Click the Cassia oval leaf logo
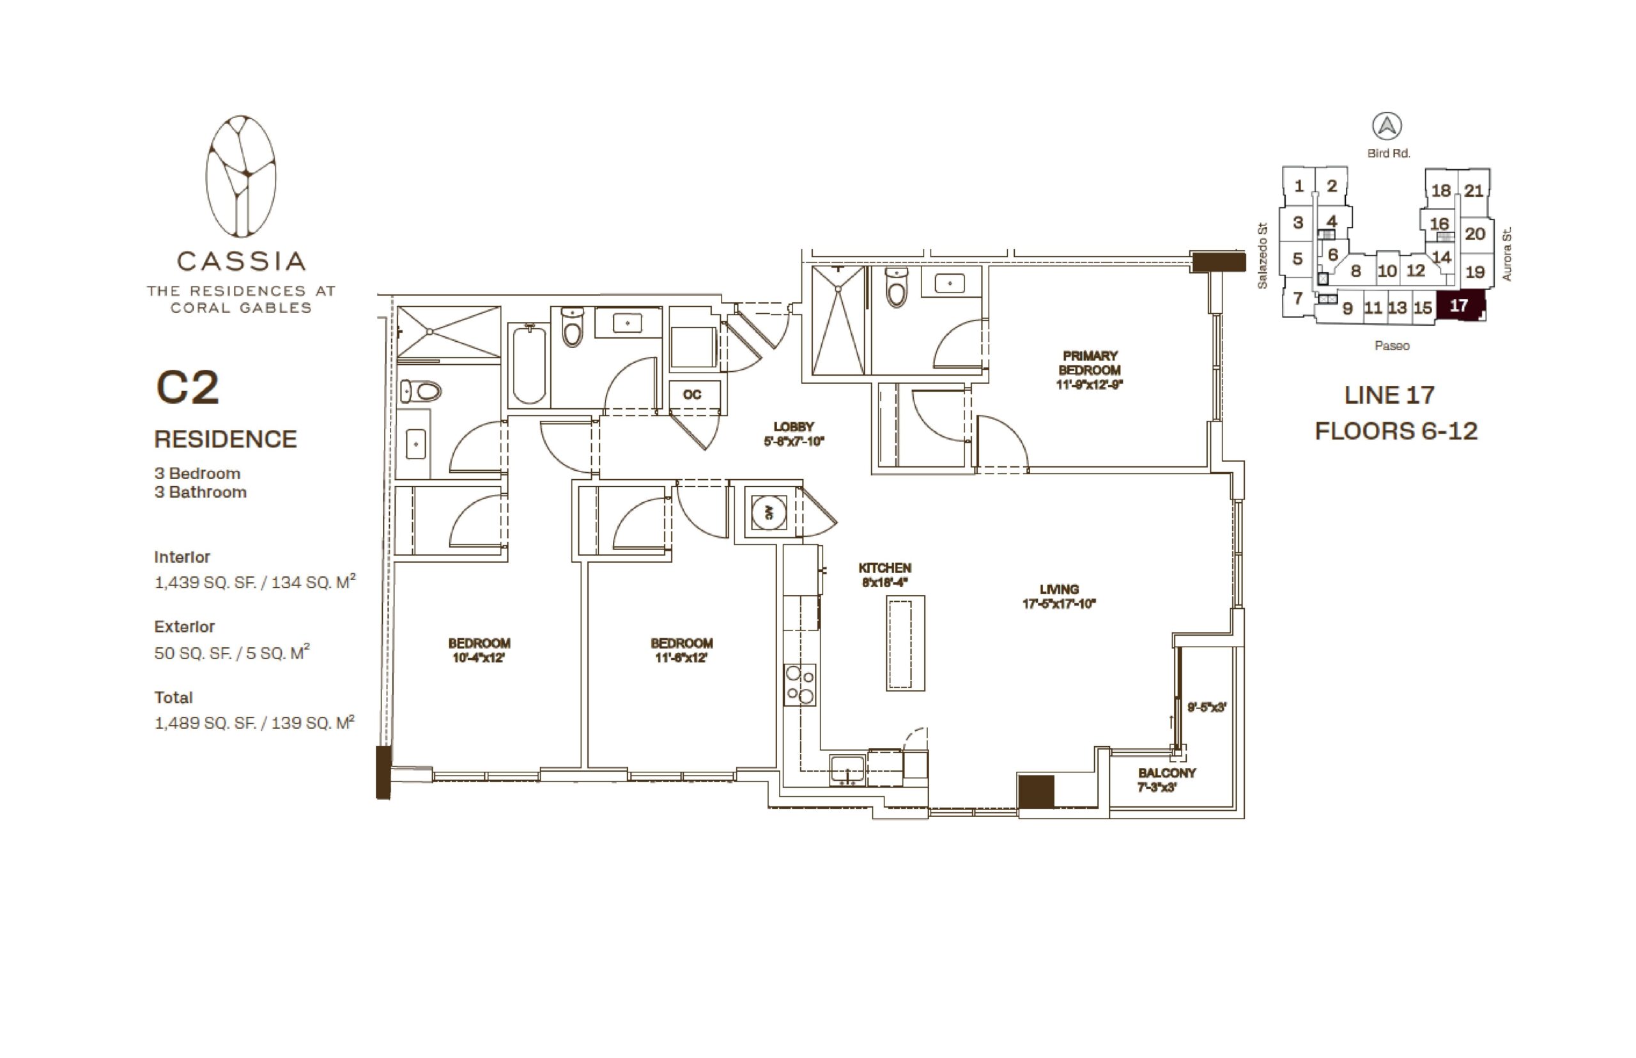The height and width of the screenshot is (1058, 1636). tap(240, 176)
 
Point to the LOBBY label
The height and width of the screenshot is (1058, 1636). tap(793, 427)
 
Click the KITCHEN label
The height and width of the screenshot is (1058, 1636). tap(884, 568)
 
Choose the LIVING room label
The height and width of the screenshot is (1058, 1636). tap(1059, 590)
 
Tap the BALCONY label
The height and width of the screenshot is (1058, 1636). tap(1167, 773)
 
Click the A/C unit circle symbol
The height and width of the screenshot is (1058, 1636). tap(768, 512)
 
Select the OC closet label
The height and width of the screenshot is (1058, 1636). tap(692, 394)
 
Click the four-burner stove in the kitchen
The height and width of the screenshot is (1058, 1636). tap(800, 685)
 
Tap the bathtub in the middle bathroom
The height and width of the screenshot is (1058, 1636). tap(529, 365)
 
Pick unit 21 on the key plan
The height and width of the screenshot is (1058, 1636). tap(1473, 190)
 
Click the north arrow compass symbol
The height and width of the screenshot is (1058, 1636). tap(1387, 126)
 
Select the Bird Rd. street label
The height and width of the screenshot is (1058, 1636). tap(1388, 153)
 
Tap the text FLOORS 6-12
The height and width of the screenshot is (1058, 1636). tap(1396, 431)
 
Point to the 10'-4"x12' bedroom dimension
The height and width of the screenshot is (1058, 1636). tap(478, 657)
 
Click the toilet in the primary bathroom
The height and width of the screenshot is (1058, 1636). tap(896, 286)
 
